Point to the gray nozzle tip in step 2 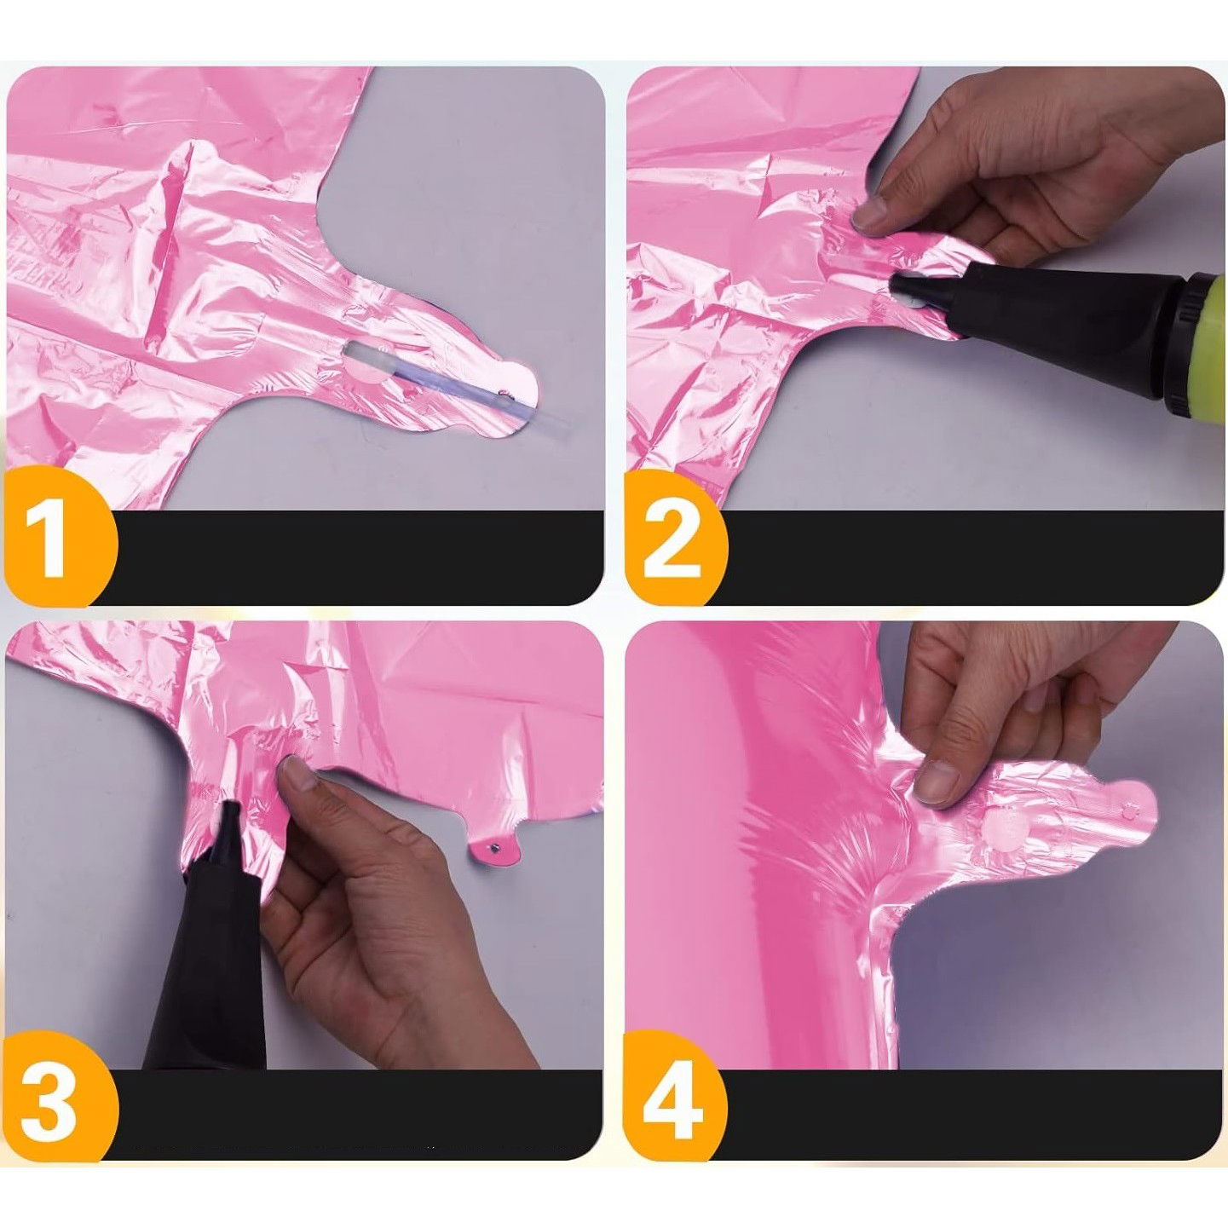tap(909, 291)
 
